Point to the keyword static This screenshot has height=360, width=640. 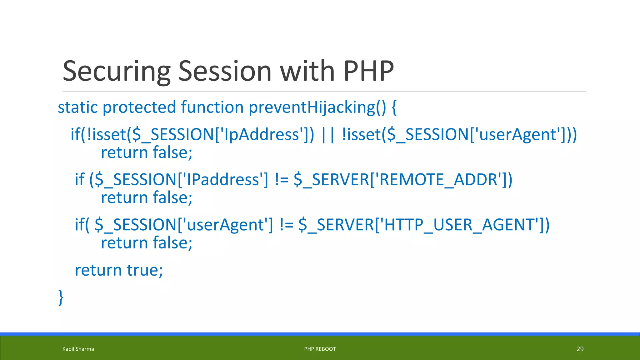pyautogui.click(x=78, y=107)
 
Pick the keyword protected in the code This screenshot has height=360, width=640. pyautogui.click(x=139, y=107)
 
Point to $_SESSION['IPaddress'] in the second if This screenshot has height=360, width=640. pyautogui.click(x=181, y=180)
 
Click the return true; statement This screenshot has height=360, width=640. pyautogui.click(x=119, y=270)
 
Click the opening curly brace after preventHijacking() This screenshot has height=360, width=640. pyautogui.click(x=394, y=107)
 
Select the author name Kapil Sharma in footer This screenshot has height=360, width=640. pyautogui.click(x=78, y=349)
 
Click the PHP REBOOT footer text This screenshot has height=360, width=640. pyautogui.click(x=320, y=349)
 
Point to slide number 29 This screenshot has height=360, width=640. pyautogui.click(x=580, y=349)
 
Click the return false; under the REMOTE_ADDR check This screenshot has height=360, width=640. pyautogui.click(x=147, y=198)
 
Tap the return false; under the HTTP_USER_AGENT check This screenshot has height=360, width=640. pyautogui.click(x=147, y=243)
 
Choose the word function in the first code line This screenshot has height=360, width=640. pyautogui.click(x=212, y=107)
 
